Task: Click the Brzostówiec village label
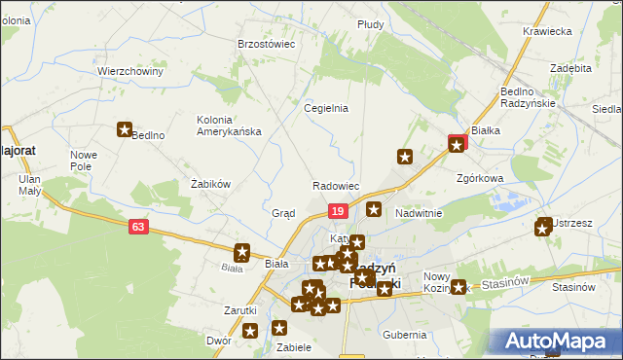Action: (266, 44)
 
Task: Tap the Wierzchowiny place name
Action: (129, 71)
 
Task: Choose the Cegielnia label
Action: (326, 108)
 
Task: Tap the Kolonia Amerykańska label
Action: (229, 126)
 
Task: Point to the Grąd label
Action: (283, 213)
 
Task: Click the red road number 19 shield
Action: (337, 211)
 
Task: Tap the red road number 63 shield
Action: (138, 227)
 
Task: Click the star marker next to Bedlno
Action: (125, 128)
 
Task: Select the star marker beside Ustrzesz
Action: (543, 229)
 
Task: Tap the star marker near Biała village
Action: (242, 251)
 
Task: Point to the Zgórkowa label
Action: (480, 179)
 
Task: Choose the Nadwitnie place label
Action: (419, 213)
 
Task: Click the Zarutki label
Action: (239, 310)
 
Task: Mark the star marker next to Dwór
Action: (250, 332)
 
